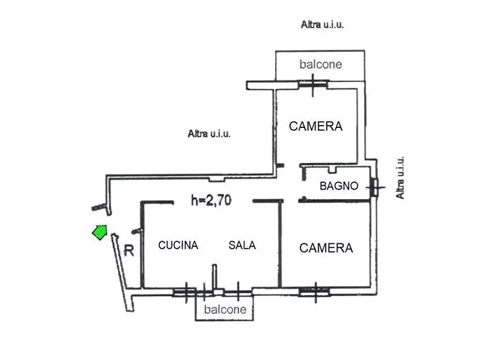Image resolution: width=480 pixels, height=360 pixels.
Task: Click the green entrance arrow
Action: click(99, 232)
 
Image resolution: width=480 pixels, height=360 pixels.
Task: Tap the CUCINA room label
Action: click(178, 245)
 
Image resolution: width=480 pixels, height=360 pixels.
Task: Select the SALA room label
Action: click(242, 245)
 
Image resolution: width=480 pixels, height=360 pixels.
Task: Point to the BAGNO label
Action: click(339, 186)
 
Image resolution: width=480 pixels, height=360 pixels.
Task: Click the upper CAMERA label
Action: click(316, 126)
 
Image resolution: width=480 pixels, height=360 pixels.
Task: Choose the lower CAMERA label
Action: click(326, 248)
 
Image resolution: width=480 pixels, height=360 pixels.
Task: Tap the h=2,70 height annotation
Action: click(211, 201)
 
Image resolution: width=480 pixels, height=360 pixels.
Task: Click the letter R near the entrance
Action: click(128, 250)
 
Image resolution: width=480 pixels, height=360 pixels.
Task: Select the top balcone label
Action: click(320, 64)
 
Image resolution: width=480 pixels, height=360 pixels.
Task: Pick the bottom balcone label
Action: click(225, 309)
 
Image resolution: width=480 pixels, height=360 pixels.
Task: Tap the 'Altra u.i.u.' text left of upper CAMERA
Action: click(209, 134)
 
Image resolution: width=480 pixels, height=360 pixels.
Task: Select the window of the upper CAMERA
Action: click(313, 84)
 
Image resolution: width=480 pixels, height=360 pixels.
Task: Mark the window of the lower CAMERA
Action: click(314, 292)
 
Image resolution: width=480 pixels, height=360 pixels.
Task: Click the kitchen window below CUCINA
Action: click(184, 292)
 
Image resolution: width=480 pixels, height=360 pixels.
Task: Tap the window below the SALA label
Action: click(237, 293)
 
